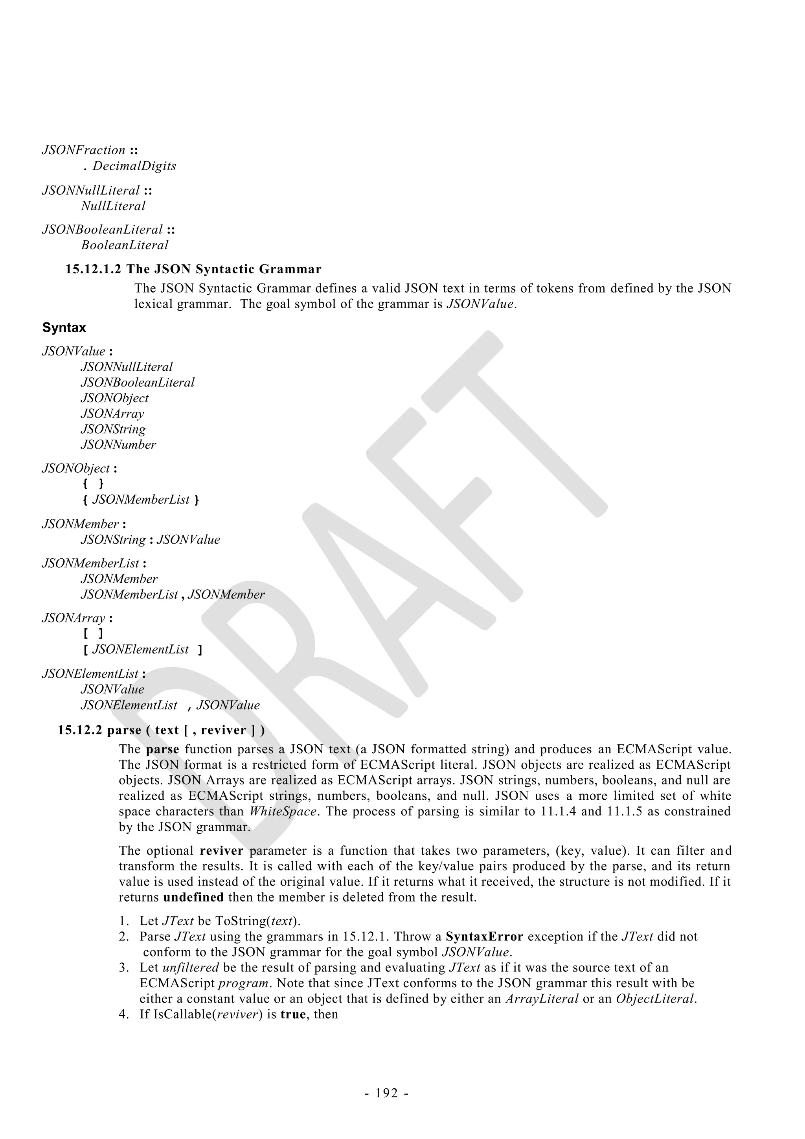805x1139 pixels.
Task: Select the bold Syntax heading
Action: coord(64,328)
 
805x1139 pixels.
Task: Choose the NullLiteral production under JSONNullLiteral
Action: coord(113,206)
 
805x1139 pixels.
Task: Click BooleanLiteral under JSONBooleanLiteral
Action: coord(125,245)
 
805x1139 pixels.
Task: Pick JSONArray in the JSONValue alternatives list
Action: coord(112,414)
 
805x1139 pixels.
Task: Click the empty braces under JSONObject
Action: coord(93,484)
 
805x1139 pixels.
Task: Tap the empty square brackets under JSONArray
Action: coord(93,633)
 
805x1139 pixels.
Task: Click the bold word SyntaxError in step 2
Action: coord(484,937)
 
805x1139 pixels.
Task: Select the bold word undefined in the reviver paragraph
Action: coord(193,898)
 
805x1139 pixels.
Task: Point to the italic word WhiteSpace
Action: coord(282,811)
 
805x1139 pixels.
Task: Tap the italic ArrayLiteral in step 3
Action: coord(542,999)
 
